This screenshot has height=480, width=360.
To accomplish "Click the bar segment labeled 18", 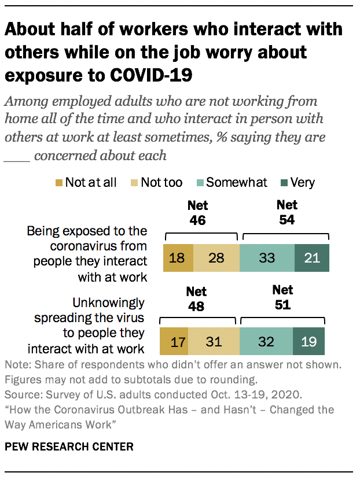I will (x=178, y=257).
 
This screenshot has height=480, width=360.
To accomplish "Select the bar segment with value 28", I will (x=215, y=257).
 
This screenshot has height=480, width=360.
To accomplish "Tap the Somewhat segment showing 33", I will (x=266, y=257).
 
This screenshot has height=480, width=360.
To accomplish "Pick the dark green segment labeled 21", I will (x=311, y=257).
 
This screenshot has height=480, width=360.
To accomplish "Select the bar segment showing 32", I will (x=266, y=341).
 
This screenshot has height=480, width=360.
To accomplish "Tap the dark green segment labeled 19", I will (x=308, y=341).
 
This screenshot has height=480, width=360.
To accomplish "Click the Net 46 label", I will (x=197, y=212).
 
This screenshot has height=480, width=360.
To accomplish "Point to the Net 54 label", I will (x=286, y=212).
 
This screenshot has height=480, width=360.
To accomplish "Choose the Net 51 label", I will (x=282, y=297).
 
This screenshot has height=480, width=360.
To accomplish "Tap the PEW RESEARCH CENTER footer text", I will (x=69, y=446).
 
